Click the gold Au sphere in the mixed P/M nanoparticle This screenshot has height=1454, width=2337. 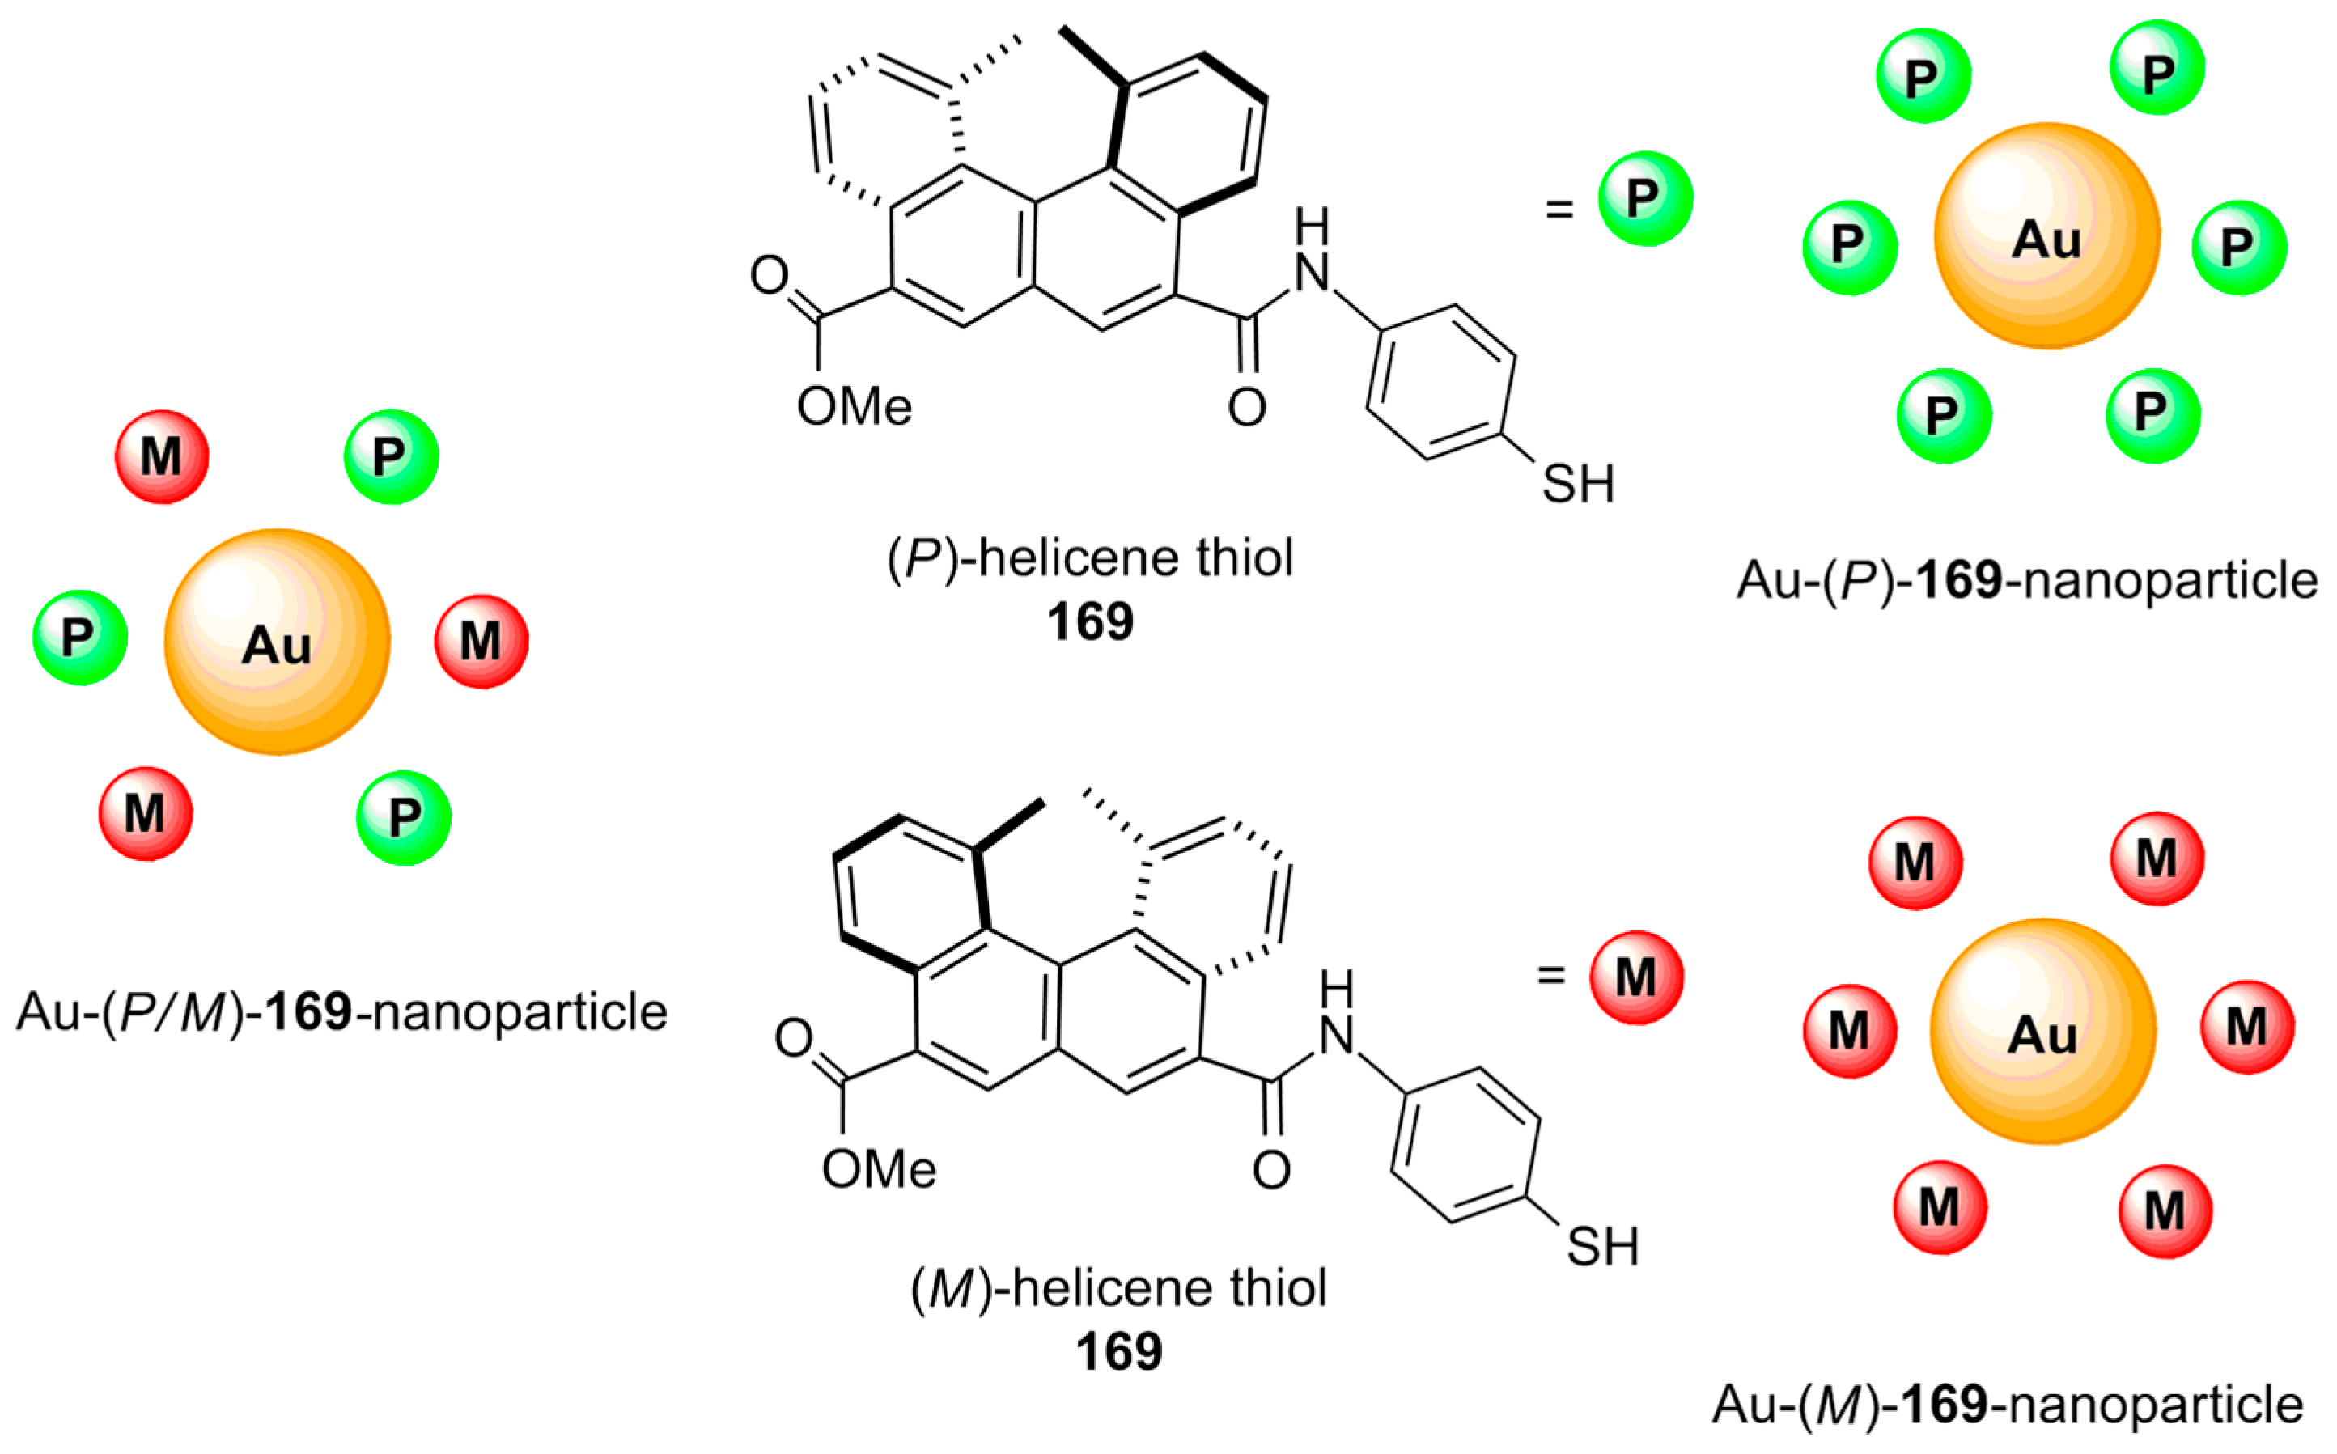click(x=277, y=642)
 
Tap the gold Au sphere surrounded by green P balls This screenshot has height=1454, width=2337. click(x=2046, y=235)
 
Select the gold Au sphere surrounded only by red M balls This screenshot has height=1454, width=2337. click(x=2042, y=1031)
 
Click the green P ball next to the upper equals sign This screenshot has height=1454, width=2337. click(x=1644, y=198)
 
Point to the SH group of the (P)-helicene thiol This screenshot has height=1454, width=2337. click(x=1578, y=484)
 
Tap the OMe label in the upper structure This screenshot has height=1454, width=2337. click(x=854, y=407)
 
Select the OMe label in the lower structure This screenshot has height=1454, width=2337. click(x=878, y=1170)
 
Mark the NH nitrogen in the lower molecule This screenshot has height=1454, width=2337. click(x=1337, y=1035)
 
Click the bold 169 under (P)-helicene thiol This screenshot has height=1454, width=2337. click(x=1090, y=622)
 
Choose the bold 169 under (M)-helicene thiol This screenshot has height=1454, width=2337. click(x=1118, y=1352)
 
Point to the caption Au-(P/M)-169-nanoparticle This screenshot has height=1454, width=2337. click(x=341, y=1011)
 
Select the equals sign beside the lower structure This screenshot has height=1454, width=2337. click(x=1550, y=975)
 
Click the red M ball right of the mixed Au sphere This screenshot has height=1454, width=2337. click(x=481, y=641)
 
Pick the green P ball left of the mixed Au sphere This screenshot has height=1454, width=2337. click(x=80, y=637)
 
